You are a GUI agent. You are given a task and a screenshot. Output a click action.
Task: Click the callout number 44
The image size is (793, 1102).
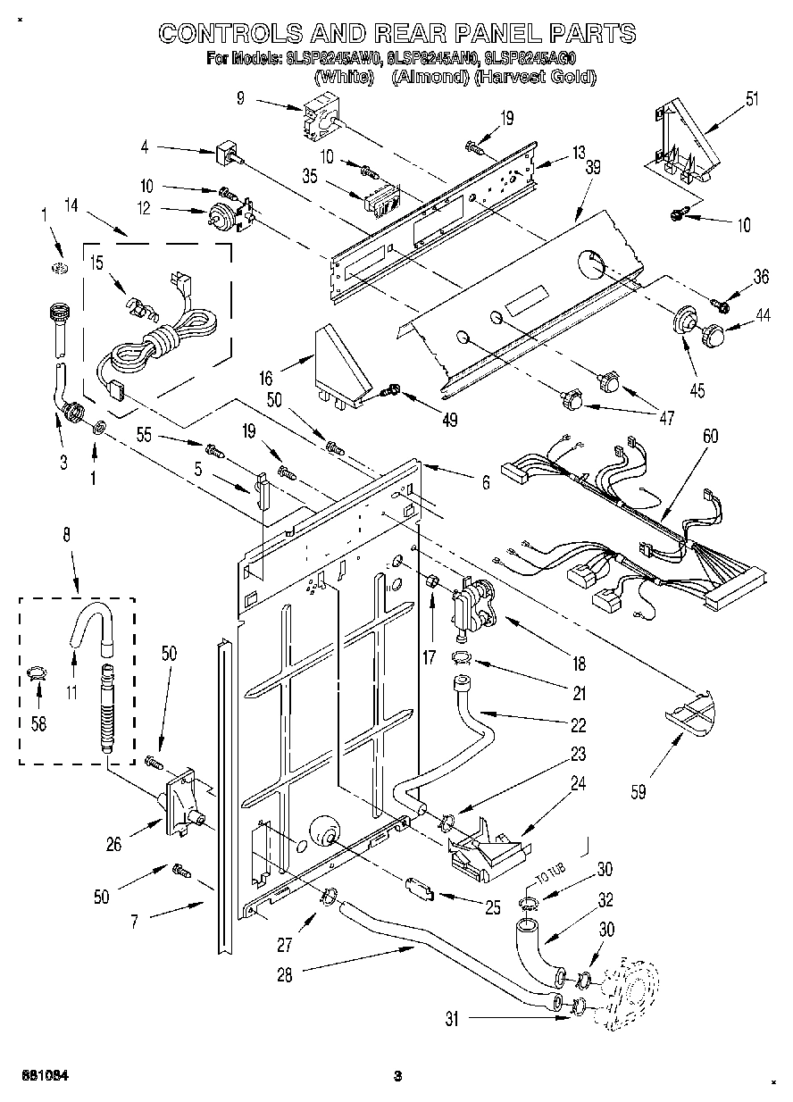(x=762, y=314)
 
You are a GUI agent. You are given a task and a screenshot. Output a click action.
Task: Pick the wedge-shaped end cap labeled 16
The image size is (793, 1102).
(x=341, y=366)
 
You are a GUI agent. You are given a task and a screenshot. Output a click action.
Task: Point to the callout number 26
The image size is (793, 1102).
(x=114, y=842)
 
